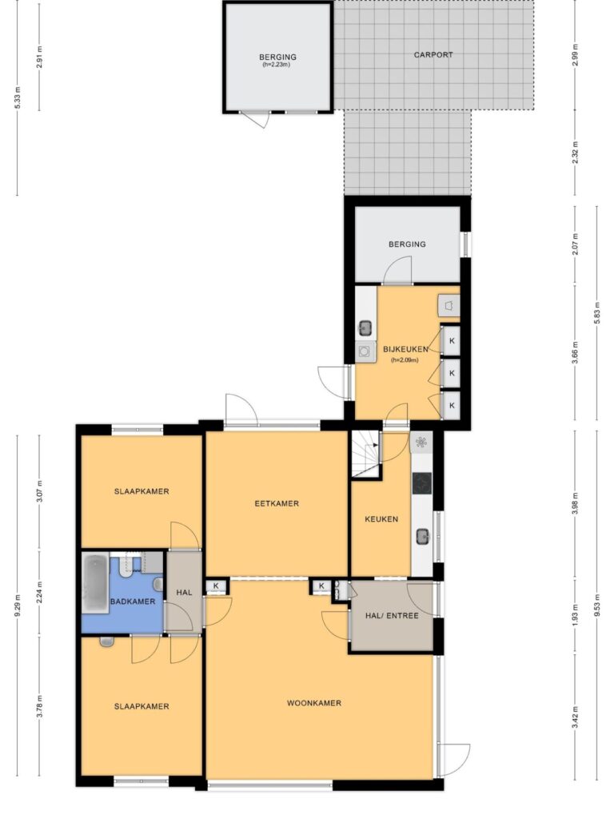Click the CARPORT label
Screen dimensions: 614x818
pos(433,54)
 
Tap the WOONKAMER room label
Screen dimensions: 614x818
pos(313,703)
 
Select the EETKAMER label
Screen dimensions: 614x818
pos(277,503)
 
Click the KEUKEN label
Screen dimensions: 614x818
pos(381,519)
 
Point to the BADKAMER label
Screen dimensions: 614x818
pos(133,602)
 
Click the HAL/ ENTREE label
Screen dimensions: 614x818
pos(392,616)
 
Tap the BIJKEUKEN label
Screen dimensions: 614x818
pos(405,349)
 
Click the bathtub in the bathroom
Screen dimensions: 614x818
pos(96,584)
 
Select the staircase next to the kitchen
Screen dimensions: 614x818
pos(365,454)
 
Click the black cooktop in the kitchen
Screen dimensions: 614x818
pos(422,483)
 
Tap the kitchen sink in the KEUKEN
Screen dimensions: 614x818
pos(422,536)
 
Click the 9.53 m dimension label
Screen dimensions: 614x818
pos(596,605)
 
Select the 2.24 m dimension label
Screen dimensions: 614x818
pos(40,593)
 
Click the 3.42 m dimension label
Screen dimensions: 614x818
pos(576,721)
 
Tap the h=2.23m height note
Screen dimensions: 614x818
pos(276,65)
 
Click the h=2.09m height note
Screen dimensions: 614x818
pos(405,359)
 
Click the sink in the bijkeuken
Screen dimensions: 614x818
pos(365,328)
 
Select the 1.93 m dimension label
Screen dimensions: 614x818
pos(576,616)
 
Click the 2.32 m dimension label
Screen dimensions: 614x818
pos(576,153)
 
